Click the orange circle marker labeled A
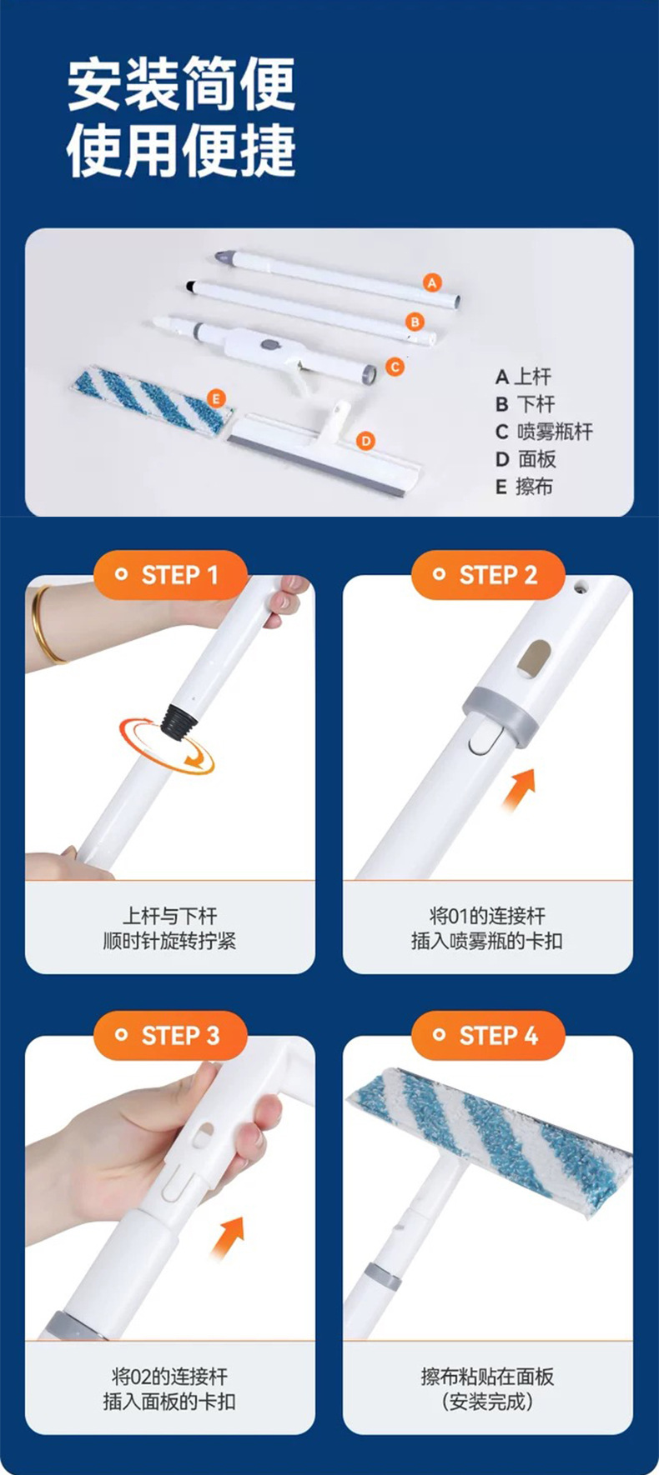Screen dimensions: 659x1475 (431, 282)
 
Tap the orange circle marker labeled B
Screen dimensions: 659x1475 (415, 322)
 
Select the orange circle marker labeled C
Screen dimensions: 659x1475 (395, 367)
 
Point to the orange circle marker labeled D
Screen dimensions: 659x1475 (365, 441)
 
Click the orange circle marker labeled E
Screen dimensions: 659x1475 (216, 398)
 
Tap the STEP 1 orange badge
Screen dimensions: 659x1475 (170, 575)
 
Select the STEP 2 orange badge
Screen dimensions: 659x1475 (488, 575)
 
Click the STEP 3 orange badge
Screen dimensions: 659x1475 (170, 1036)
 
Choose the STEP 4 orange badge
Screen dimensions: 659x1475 (488, 1036)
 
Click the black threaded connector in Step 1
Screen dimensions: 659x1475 (177, 719)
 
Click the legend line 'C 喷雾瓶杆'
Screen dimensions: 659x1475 (544, 432)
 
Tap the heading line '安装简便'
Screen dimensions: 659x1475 (181, 84)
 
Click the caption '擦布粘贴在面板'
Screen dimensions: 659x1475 (488, 1377)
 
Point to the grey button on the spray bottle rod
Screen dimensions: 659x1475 (269, 344)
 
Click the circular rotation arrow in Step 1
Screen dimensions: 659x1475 (167, 745)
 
